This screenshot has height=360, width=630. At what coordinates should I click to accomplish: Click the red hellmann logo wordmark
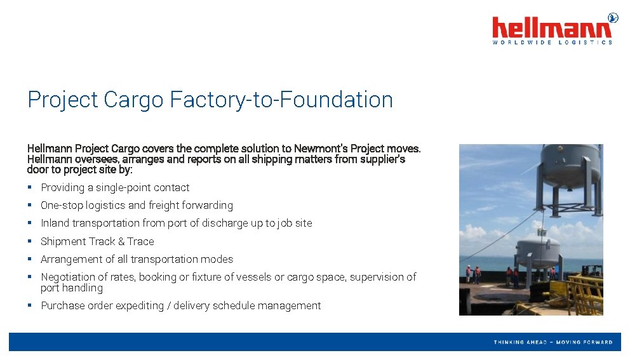(x=552, y=29)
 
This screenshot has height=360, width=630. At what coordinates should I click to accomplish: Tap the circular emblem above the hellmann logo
(x=613, y=17)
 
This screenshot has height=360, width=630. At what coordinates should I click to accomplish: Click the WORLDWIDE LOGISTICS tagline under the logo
(x=553, y=43)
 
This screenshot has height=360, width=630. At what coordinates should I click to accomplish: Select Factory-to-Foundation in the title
(x=281, y=100)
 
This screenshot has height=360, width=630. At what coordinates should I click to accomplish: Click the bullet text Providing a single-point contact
(x=115, y=187)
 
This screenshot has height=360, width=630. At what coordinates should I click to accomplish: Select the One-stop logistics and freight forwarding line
(x=137, y=205)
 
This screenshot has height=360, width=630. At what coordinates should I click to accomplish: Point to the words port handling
(x=72, y=288)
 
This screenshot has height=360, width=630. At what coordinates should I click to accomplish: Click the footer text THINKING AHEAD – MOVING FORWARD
(x=553, y=342)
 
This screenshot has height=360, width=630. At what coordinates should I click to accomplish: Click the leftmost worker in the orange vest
(x=468, y=274)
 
